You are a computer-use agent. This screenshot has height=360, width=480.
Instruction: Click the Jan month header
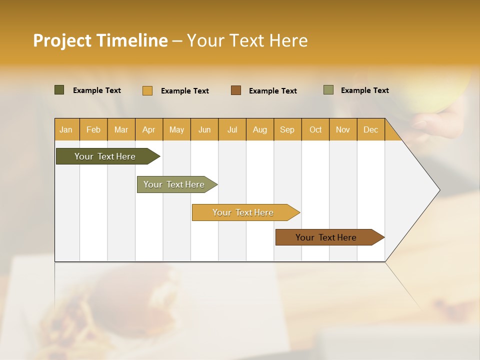(66, 129)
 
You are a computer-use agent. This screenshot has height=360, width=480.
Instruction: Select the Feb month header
(93, 129)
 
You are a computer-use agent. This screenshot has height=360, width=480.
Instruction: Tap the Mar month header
(121, 129)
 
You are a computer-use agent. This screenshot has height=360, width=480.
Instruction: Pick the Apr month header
(149, 129)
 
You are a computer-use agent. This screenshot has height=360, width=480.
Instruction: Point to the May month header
(176, 129)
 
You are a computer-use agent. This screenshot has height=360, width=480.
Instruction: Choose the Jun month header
(204, 129)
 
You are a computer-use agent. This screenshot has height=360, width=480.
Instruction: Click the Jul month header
(232, 129)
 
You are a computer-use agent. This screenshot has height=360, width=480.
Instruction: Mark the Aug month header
(260, 129)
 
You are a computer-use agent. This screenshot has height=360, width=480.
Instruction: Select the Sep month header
(287, 129)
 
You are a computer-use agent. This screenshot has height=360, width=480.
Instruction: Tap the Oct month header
(315, 129)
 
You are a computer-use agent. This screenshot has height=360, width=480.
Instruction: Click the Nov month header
(343, 129)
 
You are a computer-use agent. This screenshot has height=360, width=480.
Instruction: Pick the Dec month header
(371, 129)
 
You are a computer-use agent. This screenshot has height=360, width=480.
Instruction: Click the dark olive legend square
(59, 90)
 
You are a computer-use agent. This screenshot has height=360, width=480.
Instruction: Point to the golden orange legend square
(147, 90)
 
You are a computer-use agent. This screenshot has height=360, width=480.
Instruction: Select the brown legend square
(236, 90)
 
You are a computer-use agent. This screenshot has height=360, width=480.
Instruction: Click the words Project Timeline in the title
(100, 40)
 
